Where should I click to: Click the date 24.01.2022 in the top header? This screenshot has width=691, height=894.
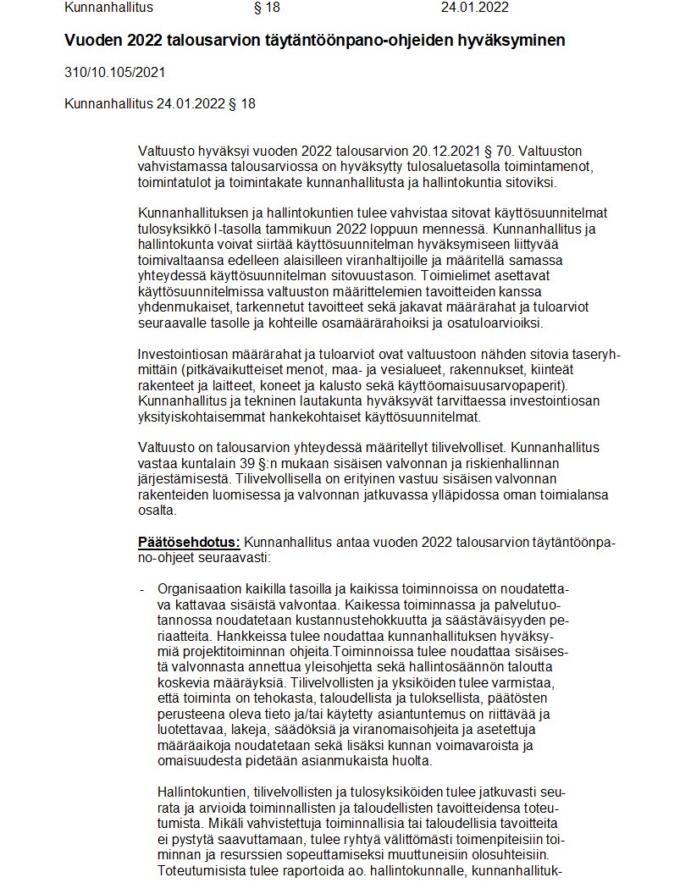click(474, 8)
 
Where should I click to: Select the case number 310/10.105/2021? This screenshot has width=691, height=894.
click(114, 73)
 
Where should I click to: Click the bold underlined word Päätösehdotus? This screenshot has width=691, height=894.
click(190, 542)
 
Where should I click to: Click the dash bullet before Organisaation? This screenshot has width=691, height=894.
click(141, 588)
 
